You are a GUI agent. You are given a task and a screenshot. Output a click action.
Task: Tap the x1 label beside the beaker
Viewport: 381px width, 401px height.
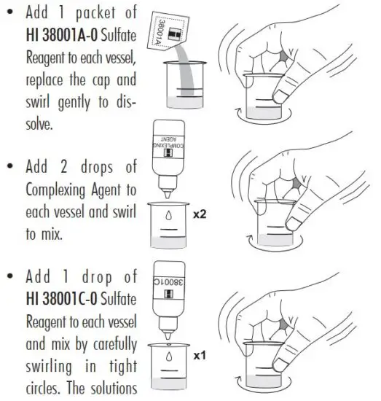[200, 357]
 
